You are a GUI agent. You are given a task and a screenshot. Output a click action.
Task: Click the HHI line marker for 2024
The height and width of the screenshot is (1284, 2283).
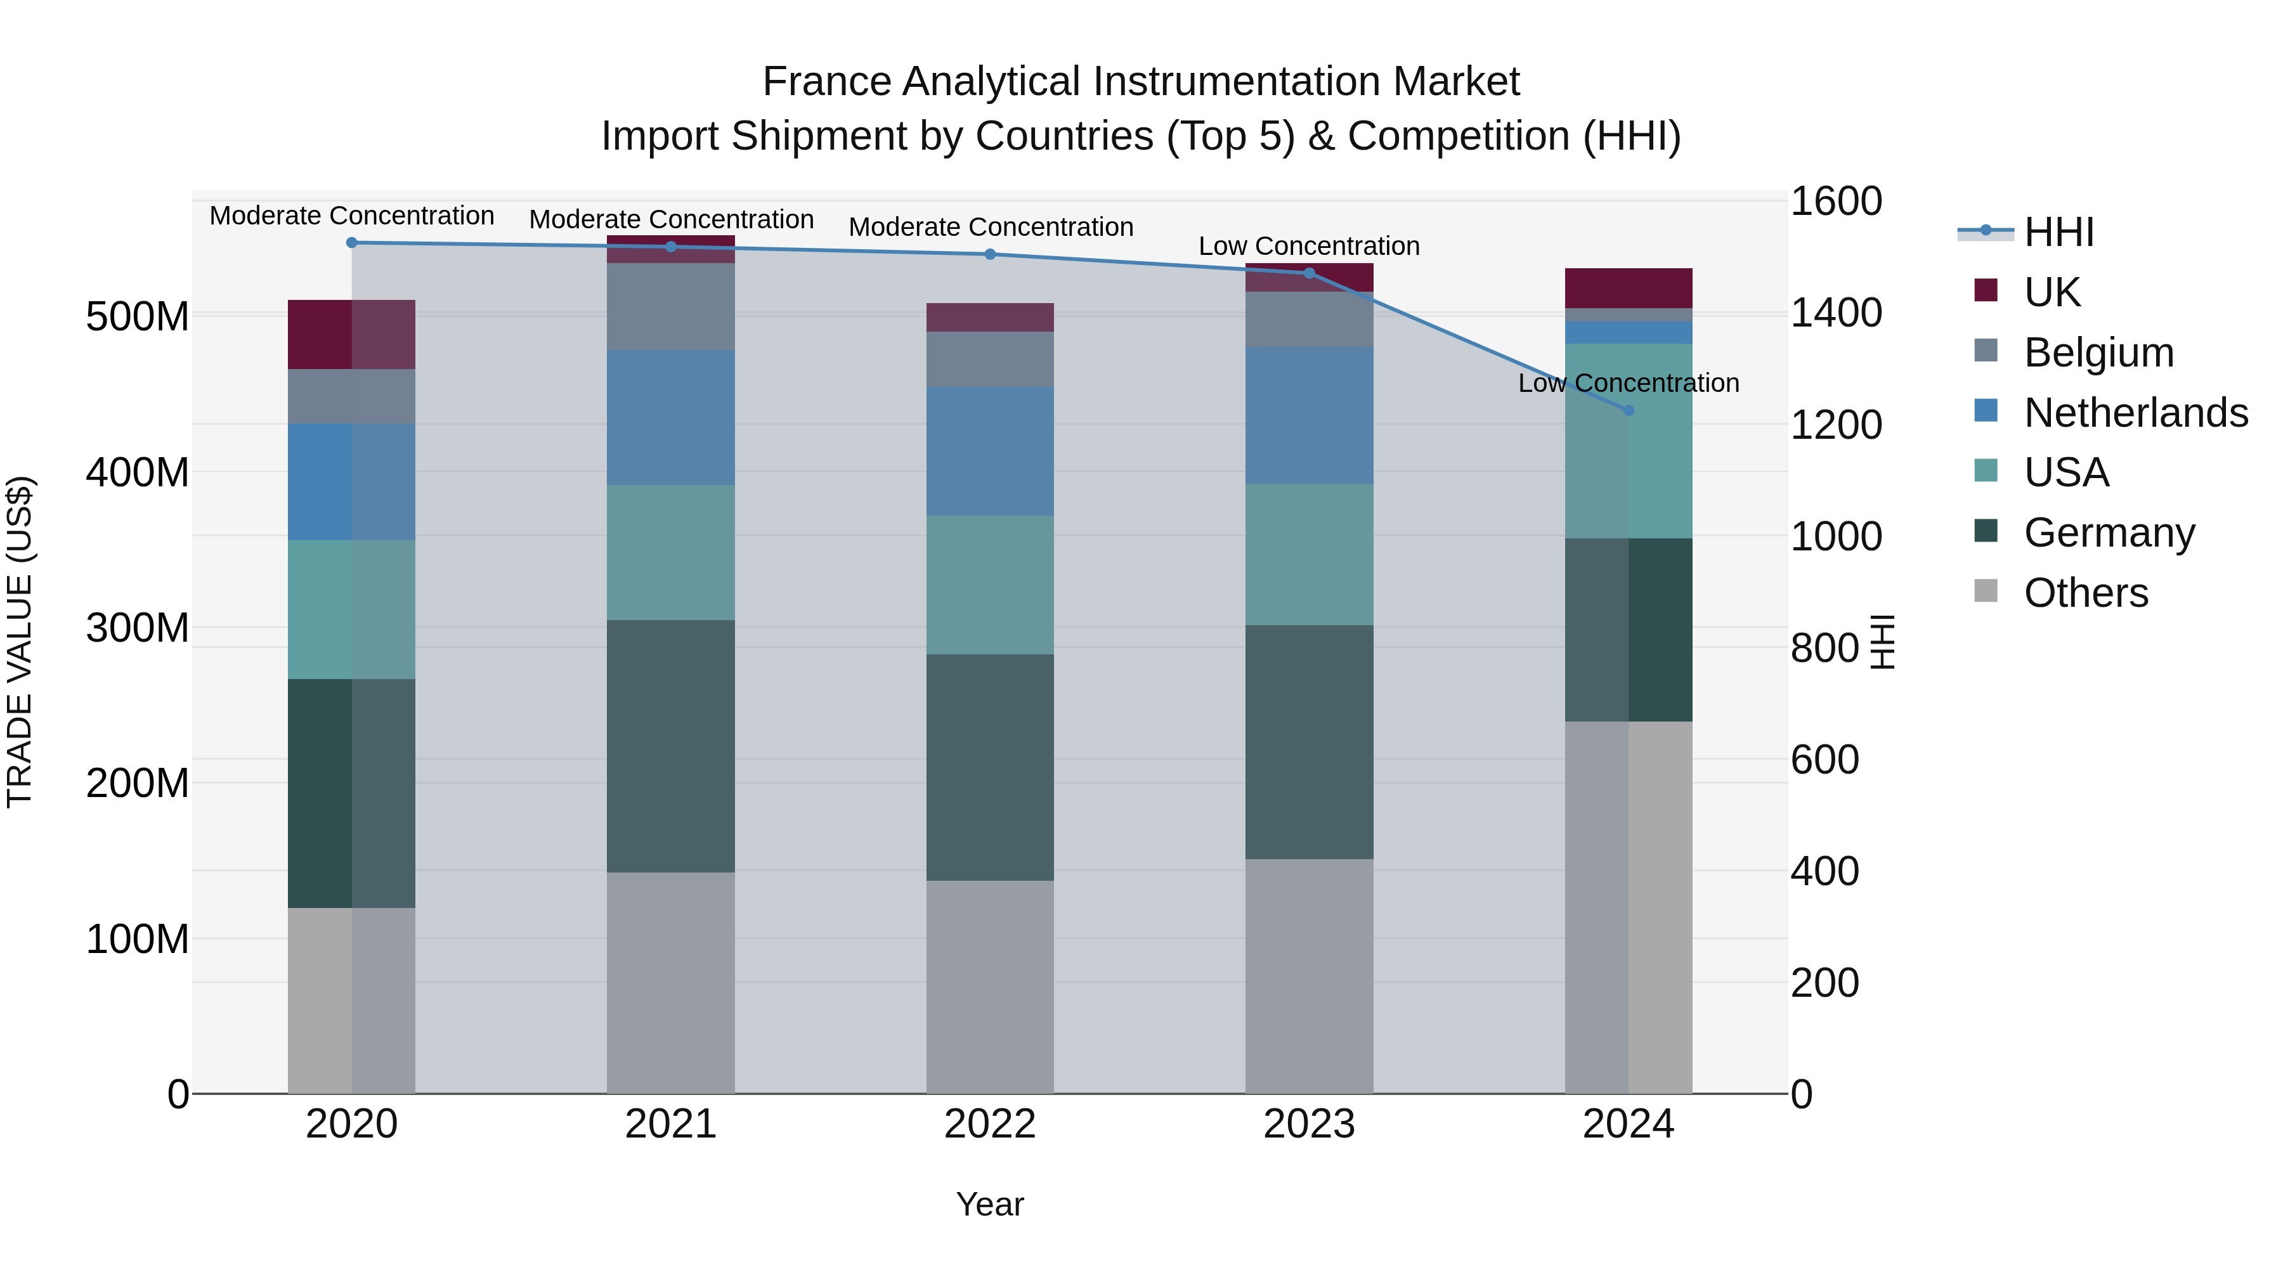[x=1628, y=410]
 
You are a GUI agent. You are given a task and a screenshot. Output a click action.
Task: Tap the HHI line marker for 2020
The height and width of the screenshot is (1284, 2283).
[x=352, y=243]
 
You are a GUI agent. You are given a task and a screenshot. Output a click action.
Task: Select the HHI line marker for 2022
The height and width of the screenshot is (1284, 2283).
[x=990, y=254]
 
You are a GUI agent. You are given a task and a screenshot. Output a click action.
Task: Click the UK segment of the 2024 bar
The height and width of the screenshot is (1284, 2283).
[x=1628, y=288]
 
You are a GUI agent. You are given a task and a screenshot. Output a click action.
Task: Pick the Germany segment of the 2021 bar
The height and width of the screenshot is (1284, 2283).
[x=671, y=746]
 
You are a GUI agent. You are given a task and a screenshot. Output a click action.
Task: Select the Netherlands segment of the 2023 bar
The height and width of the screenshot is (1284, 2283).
[x=1309, y=415]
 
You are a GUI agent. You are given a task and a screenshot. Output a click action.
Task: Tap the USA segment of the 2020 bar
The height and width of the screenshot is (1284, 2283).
[x=352, y=609]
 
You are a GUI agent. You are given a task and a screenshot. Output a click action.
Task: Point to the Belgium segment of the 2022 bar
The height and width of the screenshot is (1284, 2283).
[x=990, y=359]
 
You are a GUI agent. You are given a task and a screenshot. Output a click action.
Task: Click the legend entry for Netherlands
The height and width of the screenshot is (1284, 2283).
[x=2136, y=413]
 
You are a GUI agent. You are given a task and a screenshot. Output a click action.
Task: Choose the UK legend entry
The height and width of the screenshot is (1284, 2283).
[x=2052, y=292]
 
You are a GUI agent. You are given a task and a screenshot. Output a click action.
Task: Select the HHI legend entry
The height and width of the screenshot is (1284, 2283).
[x=2059, y=232]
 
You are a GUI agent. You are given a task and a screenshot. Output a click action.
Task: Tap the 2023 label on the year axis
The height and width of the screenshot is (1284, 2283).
[x=1309, y=1124]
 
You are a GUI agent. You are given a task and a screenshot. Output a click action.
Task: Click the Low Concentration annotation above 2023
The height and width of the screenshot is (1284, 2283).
[x=1309, y=247]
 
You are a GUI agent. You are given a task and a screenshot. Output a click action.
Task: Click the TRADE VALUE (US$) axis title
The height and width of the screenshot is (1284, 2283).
[x=20, y=642]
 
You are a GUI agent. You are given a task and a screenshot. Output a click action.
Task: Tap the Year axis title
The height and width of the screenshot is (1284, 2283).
[x=990, y=1204]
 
